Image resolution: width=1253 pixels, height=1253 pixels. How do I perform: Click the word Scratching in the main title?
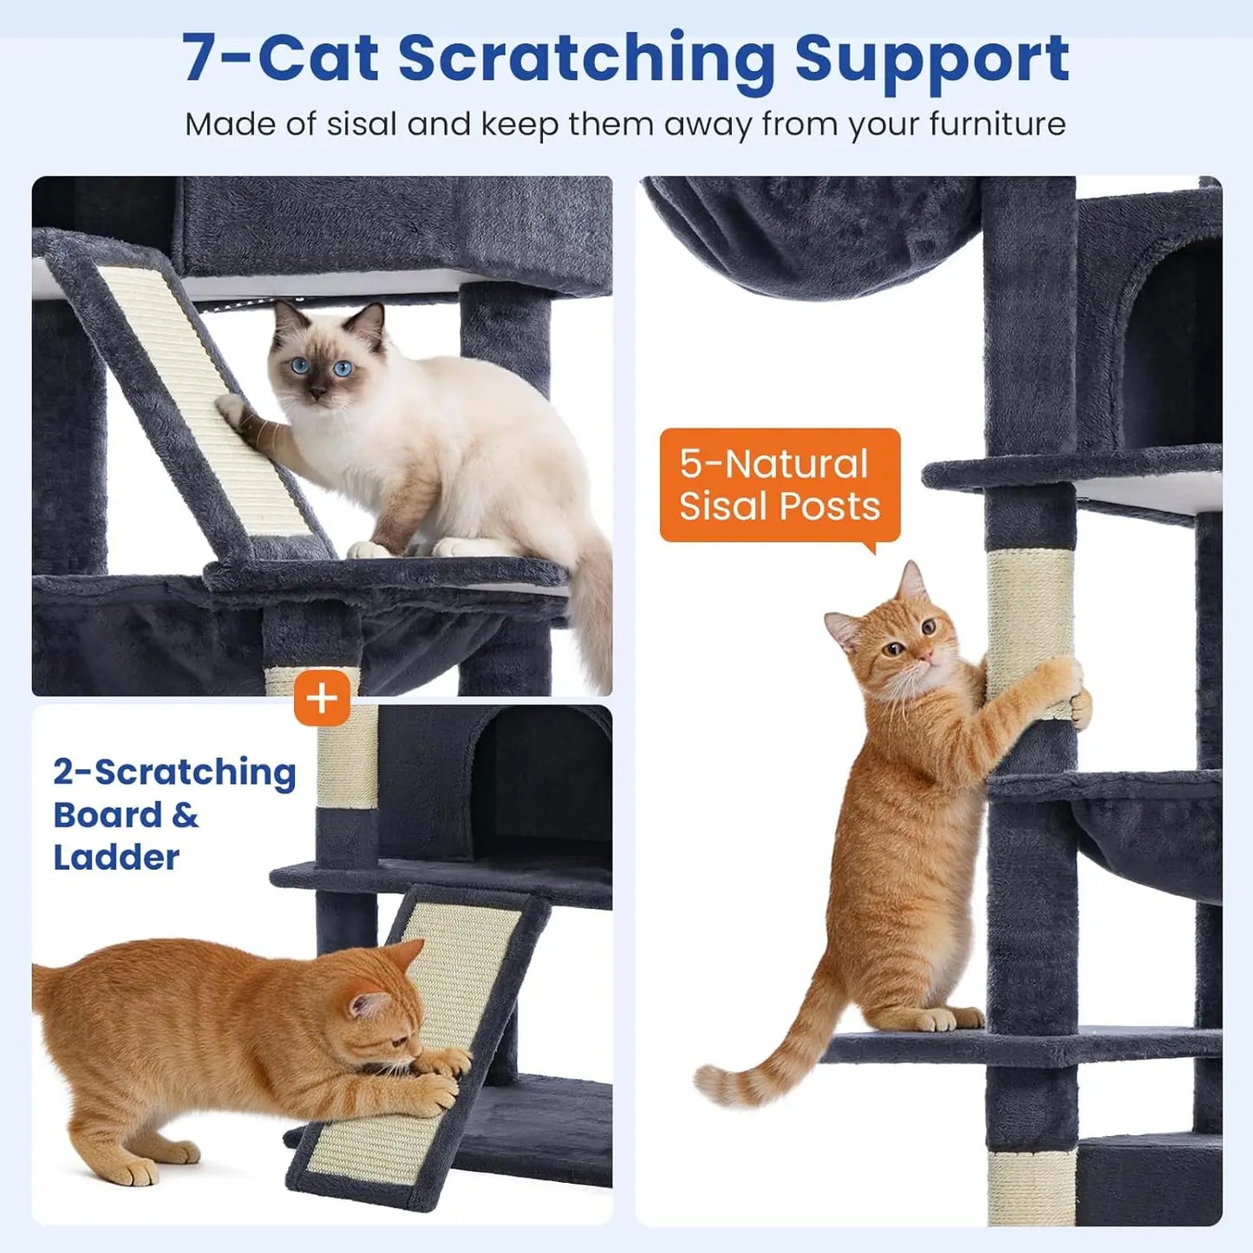586,59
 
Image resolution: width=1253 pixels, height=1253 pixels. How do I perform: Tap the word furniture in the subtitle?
997,124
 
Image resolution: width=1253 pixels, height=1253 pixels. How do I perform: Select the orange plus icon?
322,697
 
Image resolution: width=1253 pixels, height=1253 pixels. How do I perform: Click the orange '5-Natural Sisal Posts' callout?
779,486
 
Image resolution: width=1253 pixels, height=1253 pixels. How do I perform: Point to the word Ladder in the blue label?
116,858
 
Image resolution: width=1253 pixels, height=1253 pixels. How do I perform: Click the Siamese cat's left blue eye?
301,366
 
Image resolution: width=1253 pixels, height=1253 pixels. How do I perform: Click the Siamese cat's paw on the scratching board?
232,408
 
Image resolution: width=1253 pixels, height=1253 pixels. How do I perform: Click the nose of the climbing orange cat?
926,656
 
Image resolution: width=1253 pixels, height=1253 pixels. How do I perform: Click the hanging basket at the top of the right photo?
815,234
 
